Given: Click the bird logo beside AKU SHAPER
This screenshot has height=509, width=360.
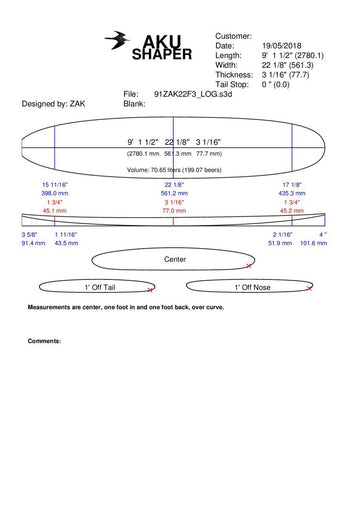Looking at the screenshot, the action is click(x=117, y=40).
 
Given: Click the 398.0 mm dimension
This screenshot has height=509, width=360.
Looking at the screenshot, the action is click(x=54, y=195).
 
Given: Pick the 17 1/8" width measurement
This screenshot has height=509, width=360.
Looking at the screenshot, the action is click(x=293, y=186).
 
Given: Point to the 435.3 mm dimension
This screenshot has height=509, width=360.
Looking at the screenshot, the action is click(x=293, y=195).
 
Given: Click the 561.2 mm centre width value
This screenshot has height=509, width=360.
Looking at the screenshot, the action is click(x=175, y=195).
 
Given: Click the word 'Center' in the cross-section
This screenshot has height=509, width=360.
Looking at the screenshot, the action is click(x=175, y=259).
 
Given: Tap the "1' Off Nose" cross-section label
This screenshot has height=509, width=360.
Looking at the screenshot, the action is click(x=253, y=287).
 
